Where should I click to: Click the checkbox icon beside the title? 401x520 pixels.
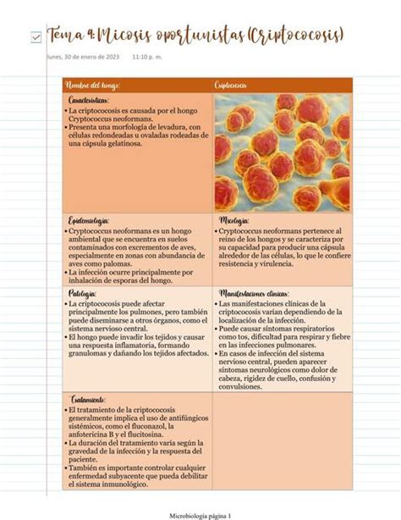[x=35, y=36]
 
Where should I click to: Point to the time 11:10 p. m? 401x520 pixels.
[x=151, y=57]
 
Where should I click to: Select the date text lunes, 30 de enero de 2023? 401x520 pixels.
[x=83, y=57]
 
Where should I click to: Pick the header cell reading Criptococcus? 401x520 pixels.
[x=232, y=86]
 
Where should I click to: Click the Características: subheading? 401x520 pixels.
[x=88, y=101]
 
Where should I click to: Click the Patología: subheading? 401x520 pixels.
[x=81, y=294]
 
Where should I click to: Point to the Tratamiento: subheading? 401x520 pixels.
[x=87, y=399]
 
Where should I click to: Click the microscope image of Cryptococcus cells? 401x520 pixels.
[x=281, y=152]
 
